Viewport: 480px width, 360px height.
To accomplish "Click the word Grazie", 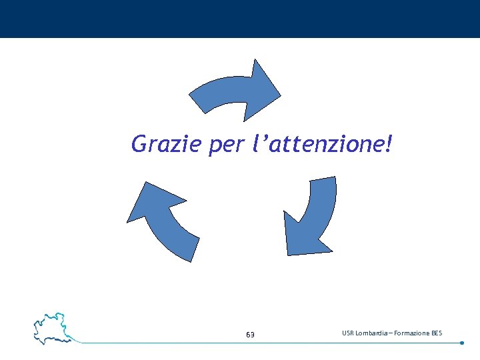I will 166,143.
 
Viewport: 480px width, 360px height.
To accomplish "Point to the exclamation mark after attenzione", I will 388,143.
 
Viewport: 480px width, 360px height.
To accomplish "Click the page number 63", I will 250,334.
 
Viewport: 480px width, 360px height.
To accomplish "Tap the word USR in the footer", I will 349,333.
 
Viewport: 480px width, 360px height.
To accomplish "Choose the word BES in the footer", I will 437,333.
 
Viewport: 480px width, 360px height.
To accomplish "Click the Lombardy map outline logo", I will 52,327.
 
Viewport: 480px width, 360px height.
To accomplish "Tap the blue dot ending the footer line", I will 462,343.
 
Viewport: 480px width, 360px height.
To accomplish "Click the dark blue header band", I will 240,19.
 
